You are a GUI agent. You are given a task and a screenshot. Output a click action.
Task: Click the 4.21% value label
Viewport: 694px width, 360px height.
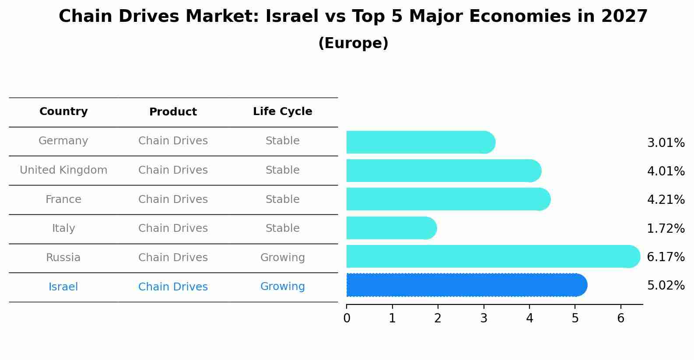point(666,200)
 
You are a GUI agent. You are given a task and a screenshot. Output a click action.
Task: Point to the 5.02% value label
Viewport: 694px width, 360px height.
point(666,286)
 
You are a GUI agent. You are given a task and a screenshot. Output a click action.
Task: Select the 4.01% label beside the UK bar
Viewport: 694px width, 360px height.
point(666,171)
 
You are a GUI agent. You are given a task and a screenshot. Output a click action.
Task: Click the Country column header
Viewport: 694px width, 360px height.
point(63,112)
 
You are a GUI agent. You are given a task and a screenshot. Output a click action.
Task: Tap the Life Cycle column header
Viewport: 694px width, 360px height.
point(282,112)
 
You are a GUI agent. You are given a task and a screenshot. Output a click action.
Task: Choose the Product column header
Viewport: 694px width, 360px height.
point(173,112)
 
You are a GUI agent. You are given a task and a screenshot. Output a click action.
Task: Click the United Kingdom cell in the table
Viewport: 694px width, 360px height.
point(63,170)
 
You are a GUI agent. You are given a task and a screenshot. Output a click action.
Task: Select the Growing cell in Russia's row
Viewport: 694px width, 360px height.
point(282,258)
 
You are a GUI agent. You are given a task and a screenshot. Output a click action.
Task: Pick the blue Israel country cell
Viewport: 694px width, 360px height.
point(63,287)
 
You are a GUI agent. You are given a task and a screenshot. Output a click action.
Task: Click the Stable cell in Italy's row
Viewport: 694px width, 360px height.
point(282,228)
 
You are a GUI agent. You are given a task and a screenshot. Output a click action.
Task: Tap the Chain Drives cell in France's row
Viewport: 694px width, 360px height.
point(173,199)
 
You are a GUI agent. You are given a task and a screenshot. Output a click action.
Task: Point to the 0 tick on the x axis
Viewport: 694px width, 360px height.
point(347,318)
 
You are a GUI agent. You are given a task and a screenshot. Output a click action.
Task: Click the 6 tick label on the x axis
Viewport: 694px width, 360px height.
point(620,318)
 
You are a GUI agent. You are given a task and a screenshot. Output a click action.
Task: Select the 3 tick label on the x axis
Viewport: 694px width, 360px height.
point(484,318)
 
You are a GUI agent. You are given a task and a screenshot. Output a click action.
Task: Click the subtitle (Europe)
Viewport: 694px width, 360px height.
point(353,43)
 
